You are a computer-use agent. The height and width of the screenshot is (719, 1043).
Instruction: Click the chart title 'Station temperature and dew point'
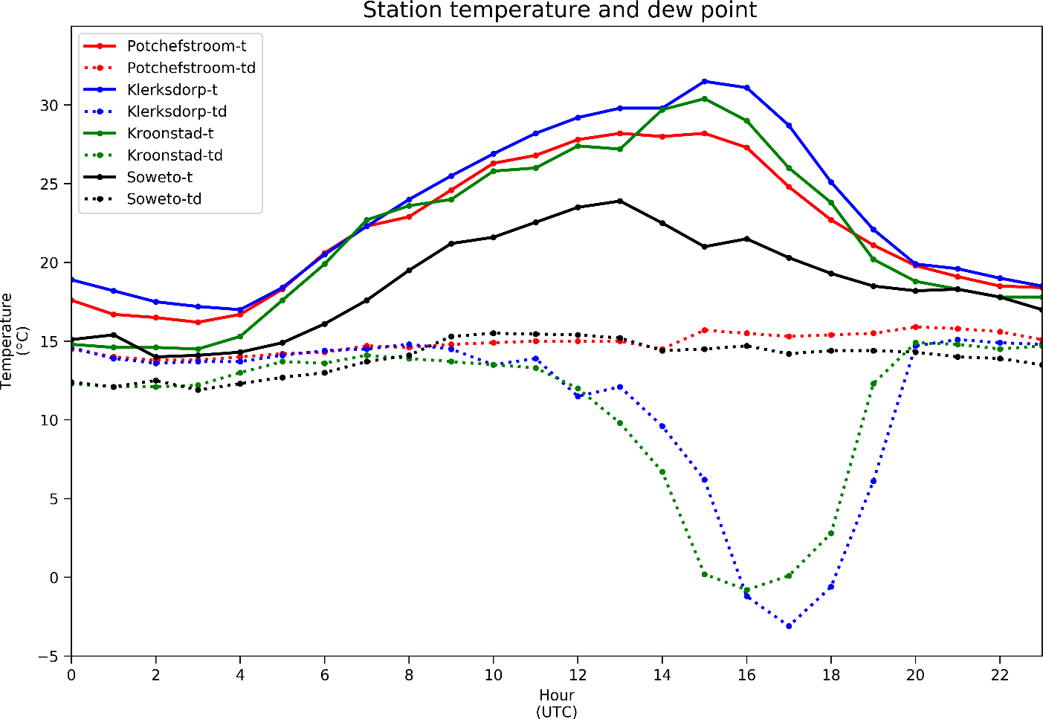559,10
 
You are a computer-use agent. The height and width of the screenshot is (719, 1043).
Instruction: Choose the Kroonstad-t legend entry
170,134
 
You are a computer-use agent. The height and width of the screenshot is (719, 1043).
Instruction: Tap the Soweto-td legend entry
164,199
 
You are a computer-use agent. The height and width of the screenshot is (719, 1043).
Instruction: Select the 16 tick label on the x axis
746,675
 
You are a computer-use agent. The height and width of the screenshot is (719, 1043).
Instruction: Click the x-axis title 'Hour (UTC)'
557,703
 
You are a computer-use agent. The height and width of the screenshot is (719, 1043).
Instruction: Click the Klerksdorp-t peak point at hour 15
705,82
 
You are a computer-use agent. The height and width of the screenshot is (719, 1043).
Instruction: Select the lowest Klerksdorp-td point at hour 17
789,626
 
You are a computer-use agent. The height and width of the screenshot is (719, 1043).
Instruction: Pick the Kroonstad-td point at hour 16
747,590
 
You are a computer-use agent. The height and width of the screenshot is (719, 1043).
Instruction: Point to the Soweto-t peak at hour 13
620,201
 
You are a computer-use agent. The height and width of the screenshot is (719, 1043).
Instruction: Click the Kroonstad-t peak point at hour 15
705,99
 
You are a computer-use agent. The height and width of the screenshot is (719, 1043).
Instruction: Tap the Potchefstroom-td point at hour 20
915,327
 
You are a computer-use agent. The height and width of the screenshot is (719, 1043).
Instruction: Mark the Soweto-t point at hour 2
155,357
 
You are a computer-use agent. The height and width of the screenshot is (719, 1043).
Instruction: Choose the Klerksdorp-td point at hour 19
874,481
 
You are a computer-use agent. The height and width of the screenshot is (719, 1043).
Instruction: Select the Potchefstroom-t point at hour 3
198,323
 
